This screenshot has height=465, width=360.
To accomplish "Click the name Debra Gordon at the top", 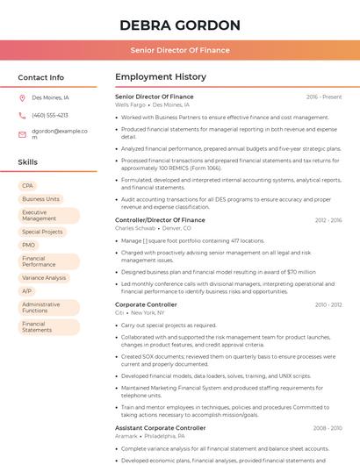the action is pos(179,25).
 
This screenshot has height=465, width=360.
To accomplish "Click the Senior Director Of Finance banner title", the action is pos(179,50).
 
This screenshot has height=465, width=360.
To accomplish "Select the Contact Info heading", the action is pos(40,77).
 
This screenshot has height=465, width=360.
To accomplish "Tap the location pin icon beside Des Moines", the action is pos(22,98).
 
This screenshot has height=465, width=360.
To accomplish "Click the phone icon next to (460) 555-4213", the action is pos(22,115).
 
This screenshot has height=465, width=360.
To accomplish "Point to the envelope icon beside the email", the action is pos(22,134).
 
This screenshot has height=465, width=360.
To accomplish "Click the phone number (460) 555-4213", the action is pos(49,115).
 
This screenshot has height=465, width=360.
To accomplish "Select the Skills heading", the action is pos(27,162).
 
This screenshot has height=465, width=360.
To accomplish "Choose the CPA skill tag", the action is pos(28,186).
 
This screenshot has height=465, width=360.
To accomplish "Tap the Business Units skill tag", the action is pos(40,199).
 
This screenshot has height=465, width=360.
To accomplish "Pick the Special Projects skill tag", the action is pos(42,232).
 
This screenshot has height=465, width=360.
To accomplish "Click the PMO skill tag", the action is pos(29,245).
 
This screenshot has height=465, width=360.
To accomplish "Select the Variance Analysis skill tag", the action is pos(44,277).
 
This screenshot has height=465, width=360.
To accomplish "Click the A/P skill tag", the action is pos(27,290).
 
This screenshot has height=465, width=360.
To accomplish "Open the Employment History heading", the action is pos(160,77).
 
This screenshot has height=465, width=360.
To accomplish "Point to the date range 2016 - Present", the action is pos(324,97).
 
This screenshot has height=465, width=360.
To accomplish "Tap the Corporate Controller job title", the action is pos(146,304).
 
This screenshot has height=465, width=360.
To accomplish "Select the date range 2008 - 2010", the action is pos(328,428).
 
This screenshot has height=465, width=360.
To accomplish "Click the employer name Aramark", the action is pos(126,436).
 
